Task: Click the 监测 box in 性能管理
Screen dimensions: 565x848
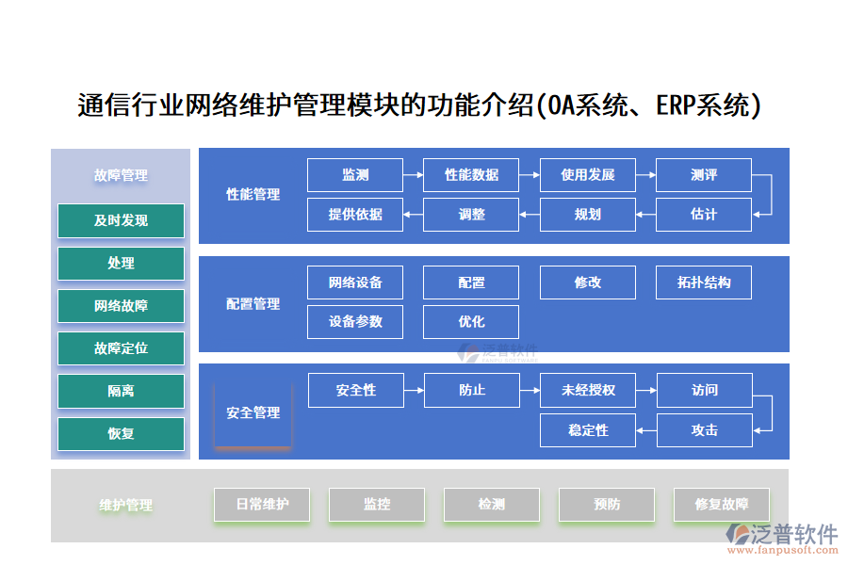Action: point(355,175)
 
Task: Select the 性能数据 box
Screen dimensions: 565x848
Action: point(471,175)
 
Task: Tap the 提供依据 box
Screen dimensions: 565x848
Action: point(355,215)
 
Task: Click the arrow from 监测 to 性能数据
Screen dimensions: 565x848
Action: point(413,175)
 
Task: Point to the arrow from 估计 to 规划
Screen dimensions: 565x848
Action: point(645,215)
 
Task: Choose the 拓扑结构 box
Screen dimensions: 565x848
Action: point(703,282)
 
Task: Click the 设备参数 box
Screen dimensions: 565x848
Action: point(355,322)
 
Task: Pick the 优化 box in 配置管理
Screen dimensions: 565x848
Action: point(471,322)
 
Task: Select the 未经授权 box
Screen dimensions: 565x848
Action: point(588,390)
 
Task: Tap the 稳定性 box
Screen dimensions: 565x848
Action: point(588,430)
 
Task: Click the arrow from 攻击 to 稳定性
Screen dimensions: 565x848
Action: point(645,430)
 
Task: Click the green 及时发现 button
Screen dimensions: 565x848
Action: point(121,220)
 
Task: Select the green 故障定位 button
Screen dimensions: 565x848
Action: point(121,348)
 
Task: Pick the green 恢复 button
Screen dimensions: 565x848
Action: point(121,434)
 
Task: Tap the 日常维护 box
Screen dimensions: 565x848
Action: point(262,505)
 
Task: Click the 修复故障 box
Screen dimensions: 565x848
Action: point(722,505)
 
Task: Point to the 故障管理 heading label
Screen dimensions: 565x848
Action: point(121,175)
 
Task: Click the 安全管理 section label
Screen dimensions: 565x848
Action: point(253,412)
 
